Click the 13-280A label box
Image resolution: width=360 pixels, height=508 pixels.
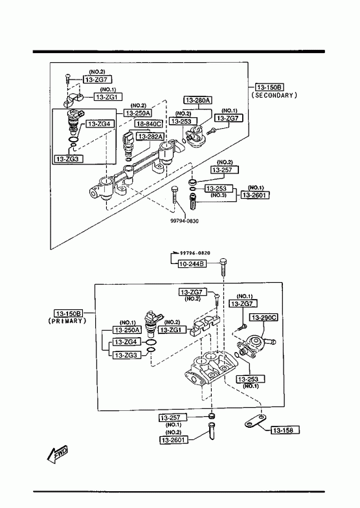(x=198, y=100)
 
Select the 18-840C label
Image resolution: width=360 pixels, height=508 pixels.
(x=149, y=124)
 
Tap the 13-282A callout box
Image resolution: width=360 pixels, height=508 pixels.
(x=151, y=137)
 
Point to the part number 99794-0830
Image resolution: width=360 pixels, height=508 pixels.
(x=185, y=221)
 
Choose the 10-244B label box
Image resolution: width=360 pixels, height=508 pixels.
(x=192, y=264)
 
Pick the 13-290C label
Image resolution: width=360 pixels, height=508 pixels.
(x=264, y=318)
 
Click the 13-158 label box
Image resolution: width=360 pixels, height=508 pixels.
(x=285, y=430)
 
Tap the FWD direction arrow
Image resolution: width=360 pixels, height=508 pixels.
(x=58, y=453)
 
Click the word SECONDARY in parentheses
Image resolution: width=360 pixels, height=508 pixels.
(x=274, y=95)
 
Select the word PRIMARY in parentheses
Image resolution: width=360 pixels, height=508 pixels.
(x=67, y=321)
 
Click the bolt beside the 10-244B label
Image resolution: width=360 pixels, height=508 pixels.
(x=223, y=267)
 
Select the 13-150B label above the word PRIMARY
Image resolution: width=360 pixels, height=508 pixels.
(x=69, y=313)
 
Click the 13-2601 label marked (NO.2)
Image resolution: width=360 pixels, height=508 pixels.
(x=174, y=440)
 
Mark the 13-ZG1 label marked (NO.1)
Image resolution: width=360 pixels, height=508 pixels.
(x=108, y=96)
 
